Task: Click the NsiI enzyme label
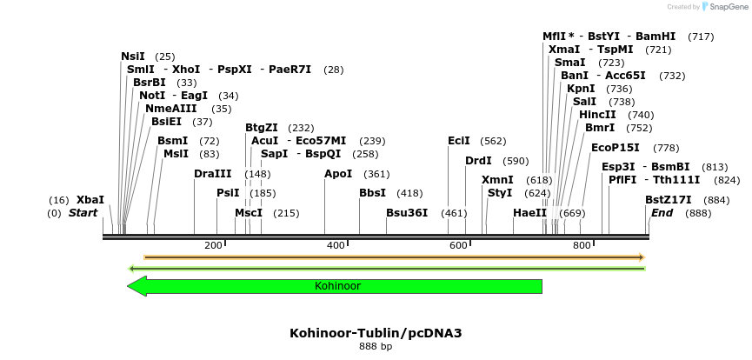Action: [x=133, y=57]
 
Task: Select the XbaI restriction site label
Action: [x=90, y=200]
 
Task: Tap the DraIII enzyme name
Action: [x=213, y=174]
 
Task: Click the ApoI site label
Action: [x=338, y=174]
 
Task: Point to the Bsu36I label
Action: [x=407, y=213]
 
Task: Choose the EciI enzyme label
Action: [x=458, y=141]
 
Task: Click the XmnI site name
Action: [x=497, y=180]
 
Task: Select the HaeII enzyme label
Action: [x=529, y=213]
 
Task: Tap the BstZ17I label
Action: [x=662, y=200]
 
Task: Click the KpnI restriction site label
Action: [x=581, y=89]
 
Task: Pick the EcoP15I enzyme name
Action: [x=615, y=148]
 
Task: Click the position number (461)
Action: [x=454, y=213]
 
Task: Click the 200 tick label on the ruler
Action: [x=213, y=246]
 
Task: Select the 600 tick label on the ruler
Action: [x=458, y=246]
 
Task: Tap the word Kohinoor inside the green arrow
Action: [x=337, y=286]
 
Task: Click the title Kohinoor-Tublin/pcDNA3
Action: [x=376, y=333]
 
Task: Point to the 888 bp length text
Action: [x=376, y=347]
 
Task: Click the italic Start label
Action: [x=83, y=213]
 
